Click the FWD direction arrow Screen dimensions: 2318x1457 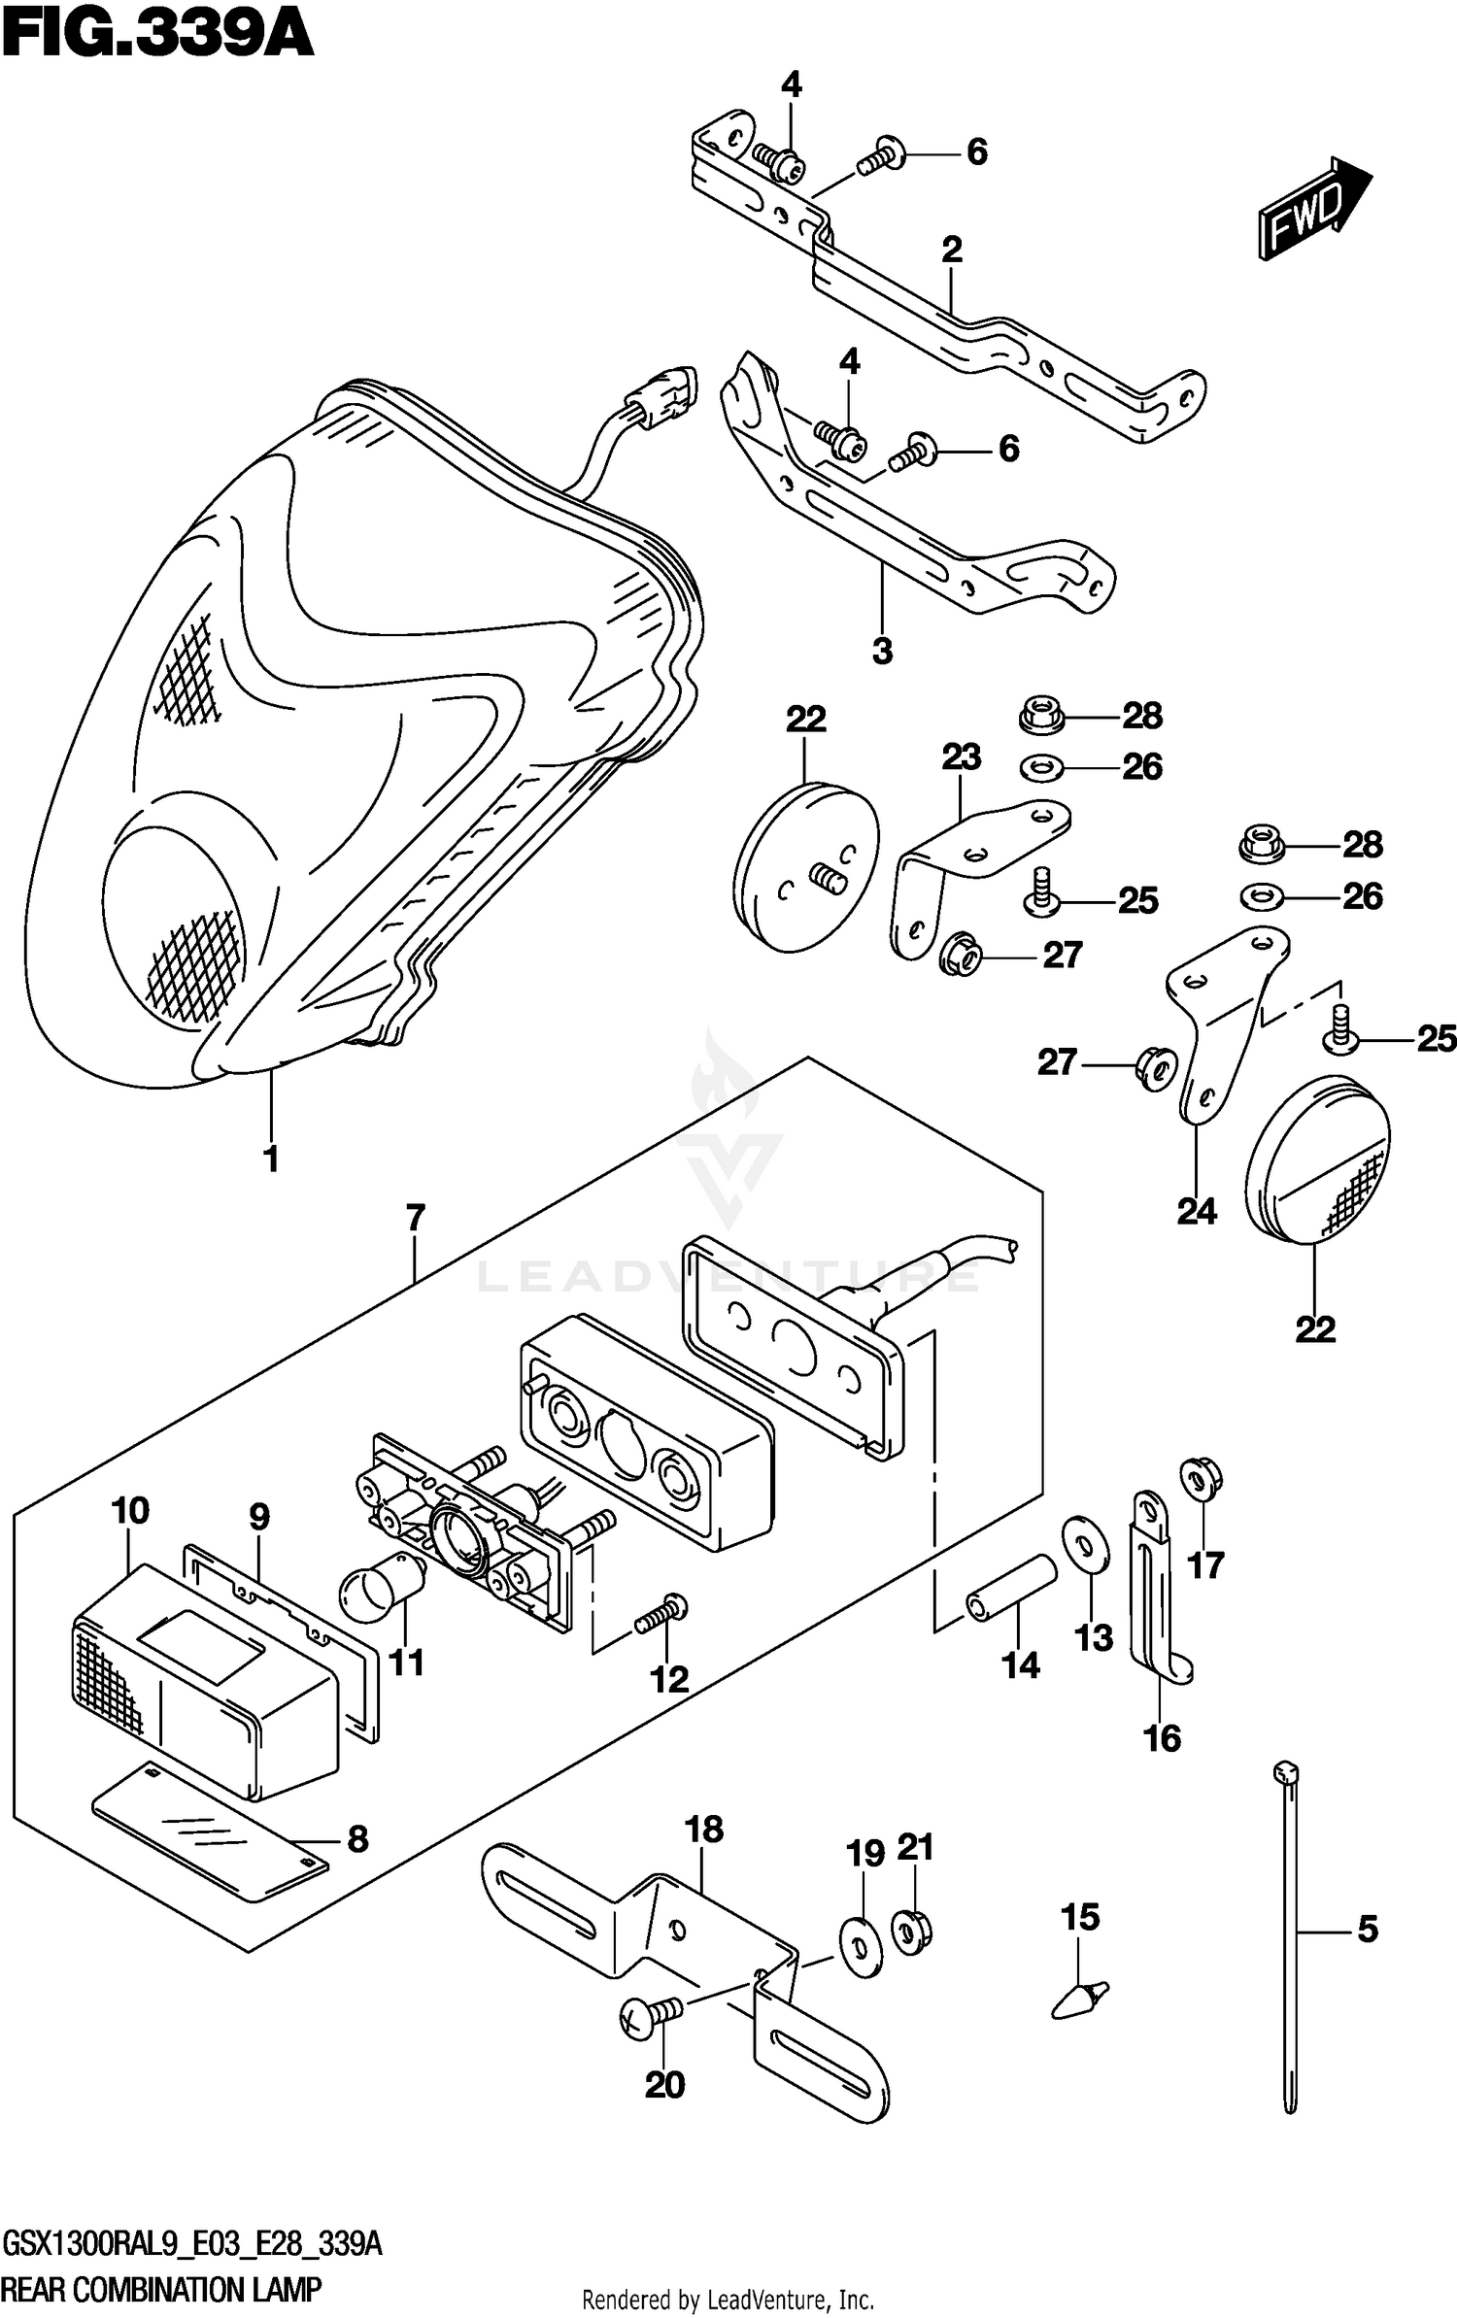1314,209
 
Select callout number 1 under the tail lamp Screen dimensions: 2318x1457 271,1159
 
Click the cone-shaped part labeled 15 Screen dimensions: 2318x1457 1080,1999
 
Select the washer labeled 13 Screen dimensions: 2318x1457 1084,1542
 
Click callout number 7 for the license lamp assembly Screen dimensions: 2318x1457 415,1217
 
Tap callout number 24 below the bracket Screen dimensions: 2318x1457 1197,1211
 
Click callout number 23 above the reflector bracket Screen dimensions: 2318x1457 961,756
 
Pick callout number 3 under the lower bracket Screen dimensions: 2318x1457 882,651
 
